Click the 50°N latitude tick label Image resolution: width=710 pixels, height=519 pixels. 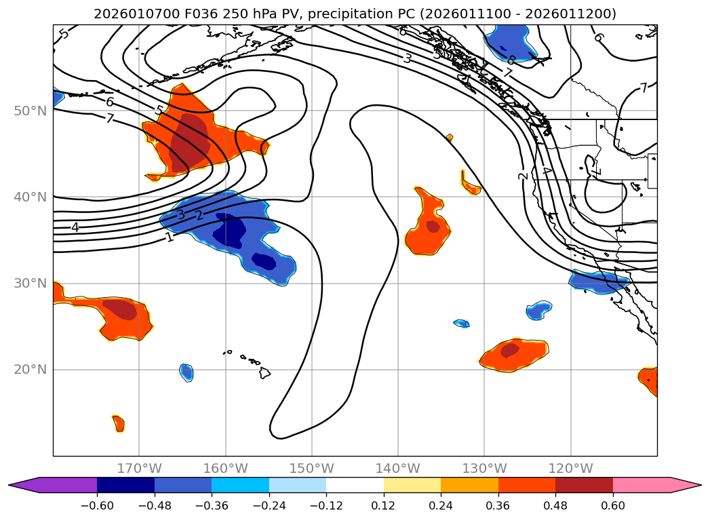(29, 111)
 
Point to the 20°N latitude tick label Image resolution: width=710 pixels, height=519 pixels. (29, 370)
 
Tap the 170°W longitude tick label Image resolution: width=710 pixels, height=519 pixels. (139, 469)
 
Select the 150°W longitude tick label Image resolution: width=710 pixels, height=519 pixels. (312, 469)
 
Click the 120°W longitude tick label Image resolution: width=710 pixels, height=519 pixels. (570, 469)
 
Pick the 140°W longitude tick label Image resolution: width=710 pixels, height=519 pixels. (398, 469)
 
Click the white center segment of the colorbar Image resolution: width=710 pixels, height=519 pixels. (355, 485)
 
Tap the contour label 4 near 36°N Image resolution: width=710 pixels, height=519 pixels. (75, 227)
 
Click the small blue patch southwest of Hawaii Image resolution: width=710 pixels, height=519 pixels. (186, 372)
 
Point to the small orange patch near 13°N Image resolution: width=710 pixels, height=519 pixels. (119, 423)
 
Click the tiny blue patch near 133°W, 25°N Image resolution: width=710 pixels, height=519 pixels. (462, 324)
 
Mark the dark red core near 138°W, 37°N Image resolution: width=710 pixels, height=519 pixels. (433, 226)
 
